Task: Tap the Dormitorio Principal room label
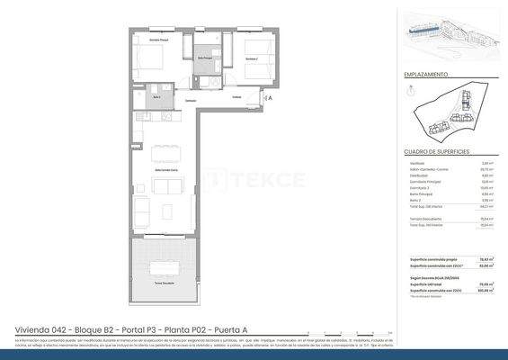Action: click(x=160, y=41)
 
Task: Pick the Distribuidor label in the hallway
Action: click(x=192, y=99)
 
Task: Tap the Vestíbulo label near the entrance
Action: click(x=236, y=97)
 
